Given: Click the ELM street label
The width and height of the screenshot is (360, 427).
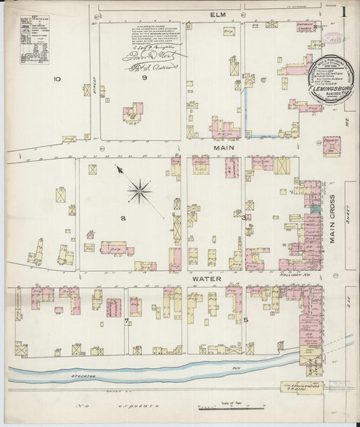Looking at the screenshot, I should click(x=217, y=15).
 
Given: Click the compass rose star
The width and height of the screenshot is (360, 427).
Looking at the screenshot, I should click(x=139, y=191).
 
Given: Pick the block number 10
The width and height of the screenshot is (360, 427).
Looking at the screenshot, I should click(x=57, y=79).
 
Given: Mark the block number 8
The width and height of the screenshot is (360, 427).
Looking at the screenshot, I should click(x=124, y=218).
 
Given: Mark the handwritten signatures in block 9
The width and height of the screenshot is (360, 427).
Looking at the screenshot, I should click(x=144, y=57).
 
